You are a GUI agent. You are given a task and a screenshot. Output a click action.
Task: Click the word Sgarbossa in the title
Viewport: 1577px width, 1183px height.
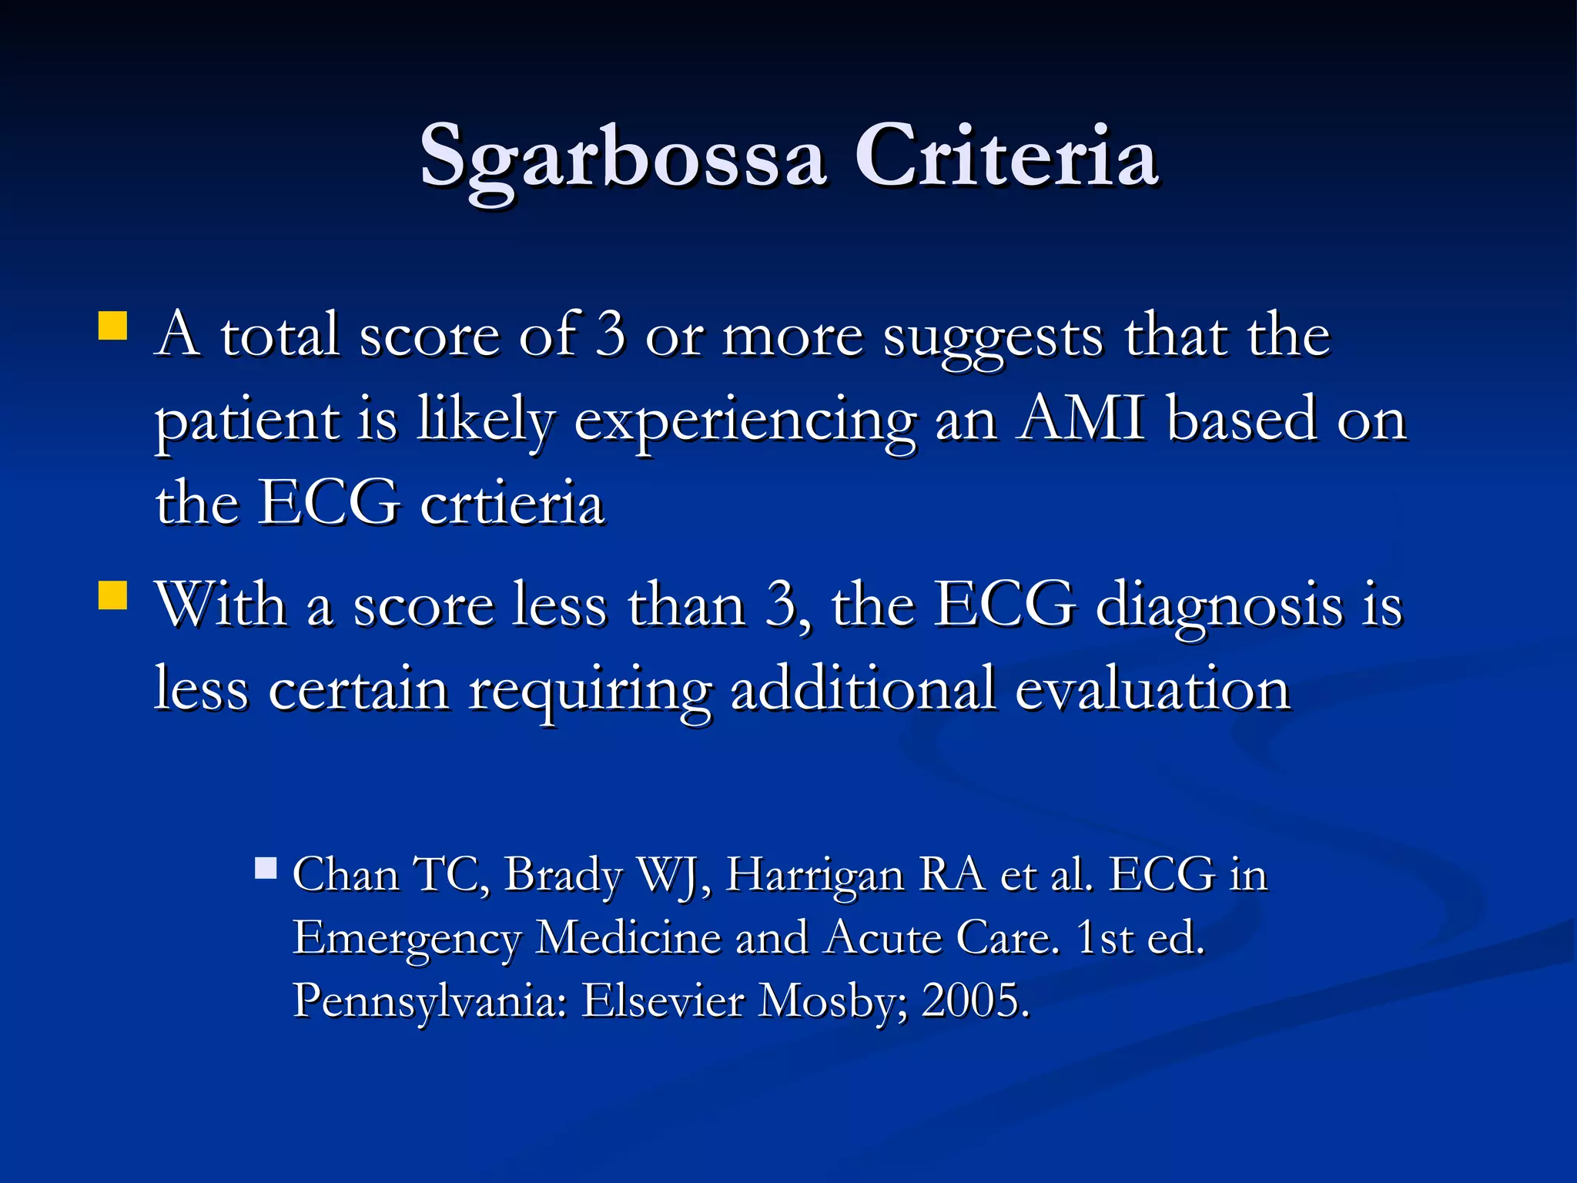[622, 157]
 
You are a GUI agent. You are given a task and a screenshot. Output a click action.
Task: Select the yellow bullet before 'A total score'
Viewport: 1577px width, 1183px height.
[113, 326]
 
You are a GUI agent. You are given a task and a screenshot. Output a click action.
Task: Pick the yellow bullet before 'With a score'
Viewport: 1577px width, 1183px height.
[113, 595]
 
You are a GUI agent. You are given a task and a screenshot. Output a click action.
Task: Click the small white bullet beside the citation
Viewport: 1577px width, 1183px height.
[266, 869]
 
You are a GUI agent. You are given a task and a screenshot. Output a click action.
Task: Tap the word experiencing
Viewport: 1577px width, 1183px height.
[745, 422]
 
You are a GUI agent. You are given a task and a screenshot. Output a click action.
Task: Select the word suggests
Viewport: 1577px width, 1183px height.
[993, 337]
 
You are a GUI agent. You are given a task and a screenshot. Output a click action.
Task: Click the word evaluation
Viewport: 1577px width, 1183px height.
[1152, 689]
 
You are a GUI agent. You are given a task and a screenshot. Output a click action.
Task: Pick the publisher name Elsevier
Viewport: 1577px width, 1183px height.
[663, 1000]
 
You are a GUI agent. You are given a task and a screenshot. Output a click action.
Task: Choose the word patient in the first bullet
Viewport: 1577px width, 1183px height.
[247, 422]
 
